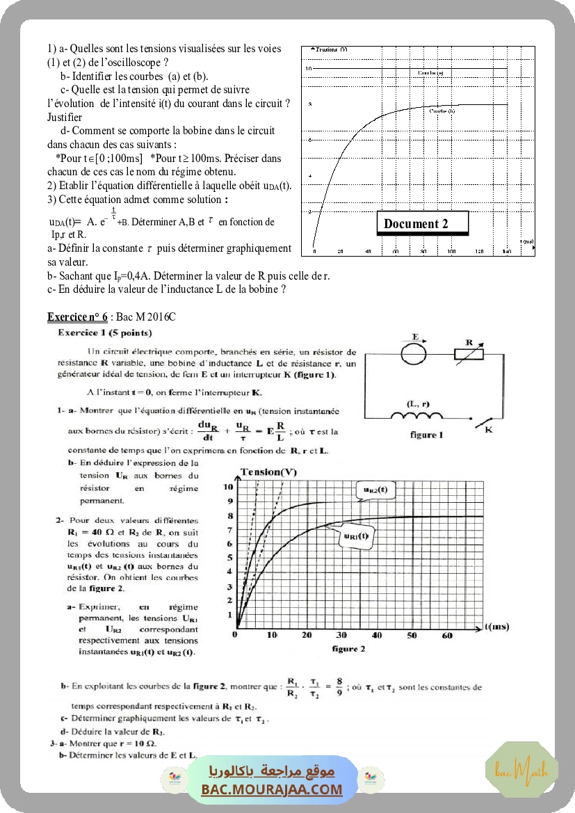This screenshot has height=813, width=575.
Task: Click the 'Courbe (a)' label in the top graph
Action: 431,72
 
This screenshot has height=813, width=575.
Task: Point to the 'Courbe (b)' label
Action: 442,111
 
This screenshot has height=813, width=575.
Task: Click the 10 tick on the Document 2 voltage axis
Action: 309,69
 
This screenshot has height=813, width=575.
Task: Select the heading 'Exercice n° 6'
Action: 77,317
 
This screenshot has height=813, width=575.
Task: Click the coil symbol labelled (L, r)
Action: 416,416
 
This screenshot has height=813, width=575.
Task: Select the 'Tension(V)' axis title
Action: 268,473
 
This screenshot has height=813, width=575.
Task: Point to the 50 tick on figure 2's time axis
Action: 412,636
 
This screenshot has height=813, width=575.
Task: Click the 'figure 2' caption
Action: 349,649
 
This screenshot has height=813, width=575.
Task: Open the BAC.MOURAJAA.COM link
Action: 272,789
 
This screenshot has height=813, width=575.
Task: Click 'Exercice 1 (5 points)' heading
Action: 100,333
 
